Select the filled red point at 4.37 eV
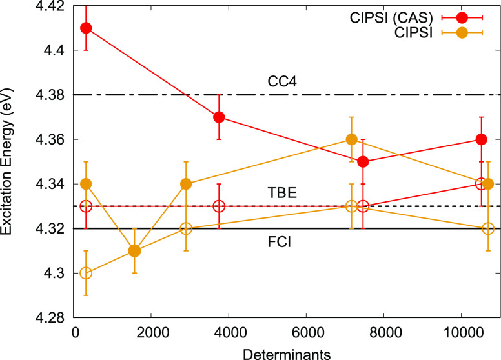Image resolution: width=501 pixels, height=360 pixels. click(219, 117)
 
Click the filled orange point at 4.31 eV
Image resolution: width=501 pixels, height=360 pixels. click(134, 251)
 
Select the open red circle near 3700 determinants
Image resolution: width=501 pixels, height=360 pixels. click(219, 206)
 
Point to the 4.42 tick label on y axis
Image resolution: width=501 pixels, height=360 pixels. click(50, 6)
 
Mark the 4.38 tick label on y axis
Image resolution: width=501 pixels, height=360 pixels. click(50, 95)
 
